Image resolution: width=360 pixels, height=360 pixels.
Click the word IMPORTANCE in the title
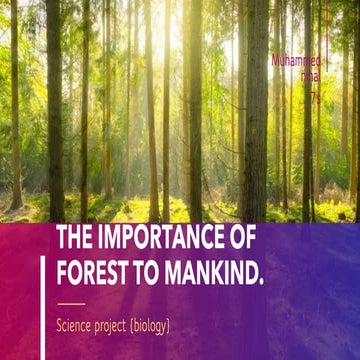pyautogui.click(x=162, y=242)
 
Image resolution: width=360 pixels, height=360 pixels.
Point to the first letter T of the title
pyautogui.click(x=62, y=242)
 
